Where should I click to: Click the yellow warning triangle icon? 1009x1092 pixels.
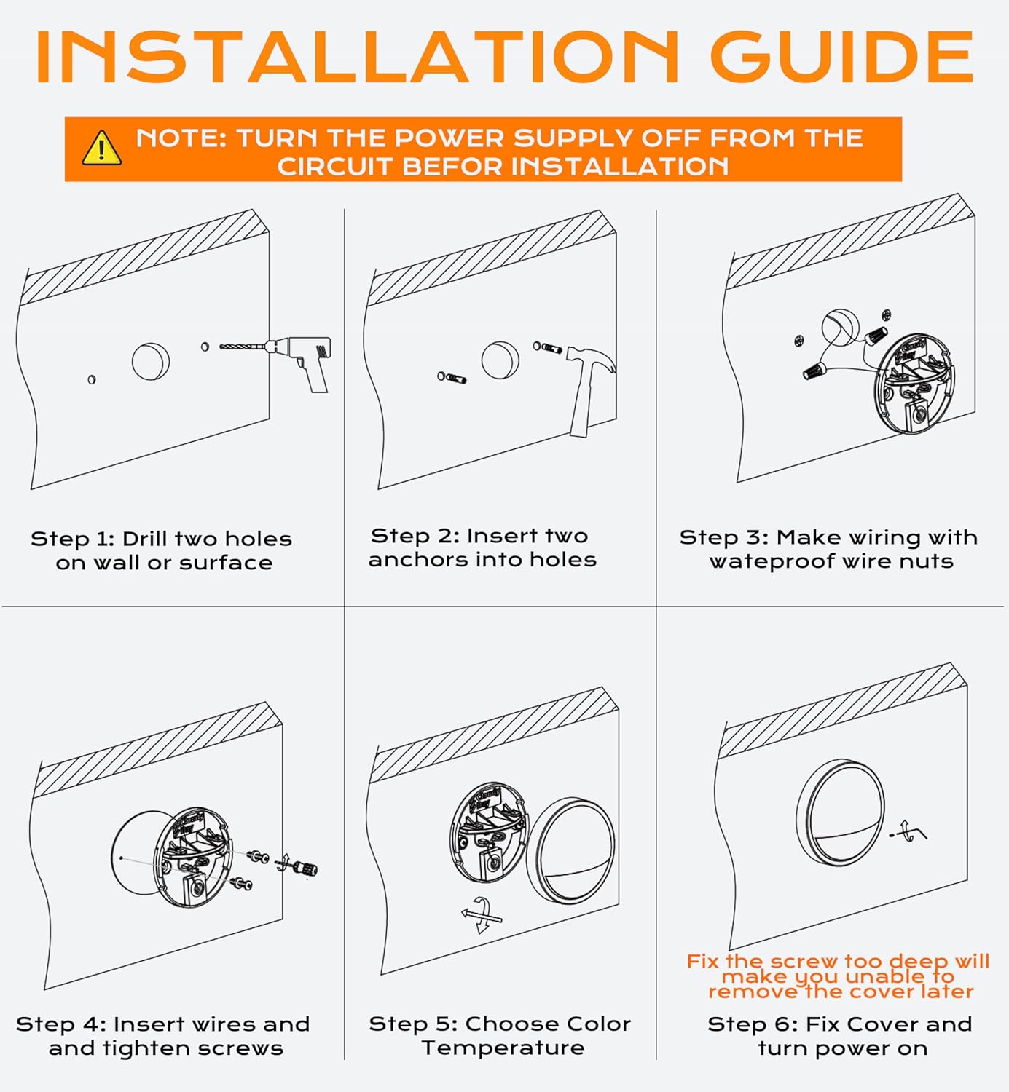[101, 149]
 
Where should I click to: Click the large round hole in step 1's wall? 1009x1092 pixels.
[151, 361]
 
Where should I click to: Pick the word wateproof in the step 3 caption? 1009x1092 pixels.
[772, 561]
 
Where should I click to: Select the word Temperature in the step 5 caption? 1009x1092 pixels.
[503, 1048]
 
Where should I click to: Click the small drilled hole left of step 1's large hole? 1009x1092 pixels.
[92, 379]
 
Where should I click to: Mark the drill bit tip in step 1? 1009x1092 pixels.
[221, 347]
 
